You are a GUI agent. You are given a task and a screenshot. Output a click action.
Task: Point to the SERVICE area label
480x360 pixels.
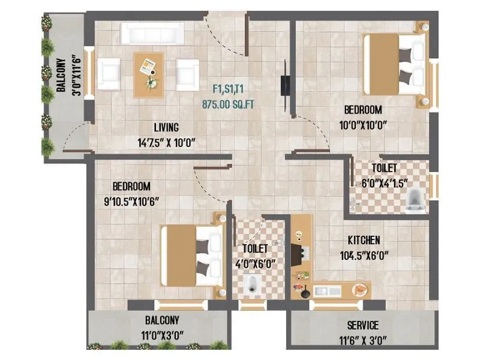pyautogui.click(x=362, y=326)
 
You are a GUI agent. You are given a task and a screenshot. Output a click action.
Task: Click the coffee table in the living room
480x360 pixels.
pyautogui.click(x=148, y=74)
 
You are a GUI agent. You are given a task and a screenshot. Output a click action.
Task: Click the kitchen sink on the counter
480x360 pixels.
pyautogui.click(x=327, y=291)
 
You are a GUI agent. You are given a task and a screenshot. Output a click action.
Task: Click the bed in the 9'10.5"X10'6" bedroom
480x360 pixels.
pyautogui.click(x=192, y=255)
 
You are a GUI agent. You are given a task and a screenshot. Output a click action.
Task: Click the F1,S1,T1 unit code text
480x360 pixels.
pyautogui.click(x=230, y=88)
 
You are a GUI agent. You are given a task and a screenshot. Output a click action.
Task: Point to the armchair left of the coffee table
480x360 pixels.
pyautogui.click(x=109, y=74)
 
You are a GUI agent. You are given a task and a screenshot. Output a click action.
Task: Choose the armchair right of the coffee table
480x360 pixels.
pyautogui.click(x=187, y=74)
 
